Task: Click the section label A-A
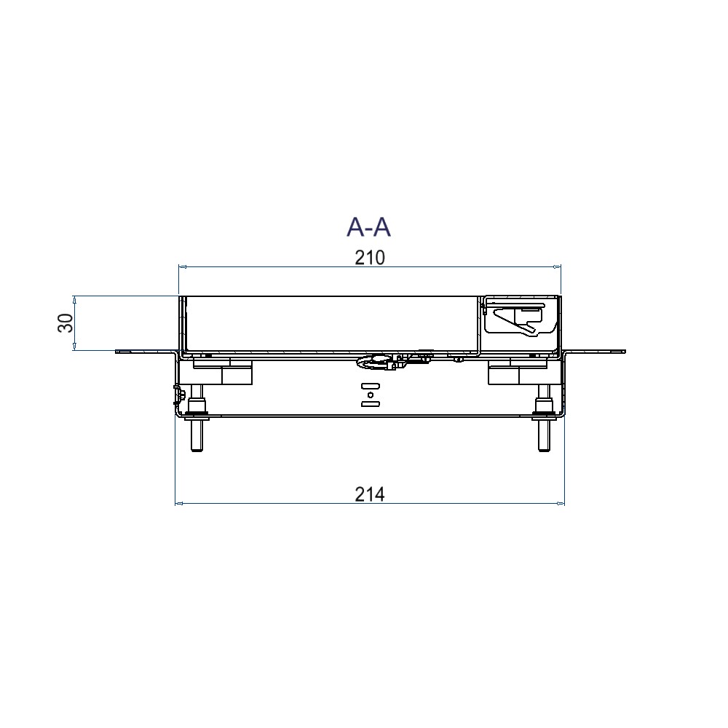click(369, 227)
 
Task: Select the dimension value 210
click(369, 258)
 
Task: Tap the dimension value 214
click(369, 494)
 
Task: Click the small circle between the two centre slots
click(371, 395)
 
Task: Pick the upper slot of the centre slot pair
click(371, 384)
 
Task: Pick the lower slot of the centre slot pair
click(371, 405)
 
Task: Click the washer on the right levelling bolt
click(543, 416)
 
